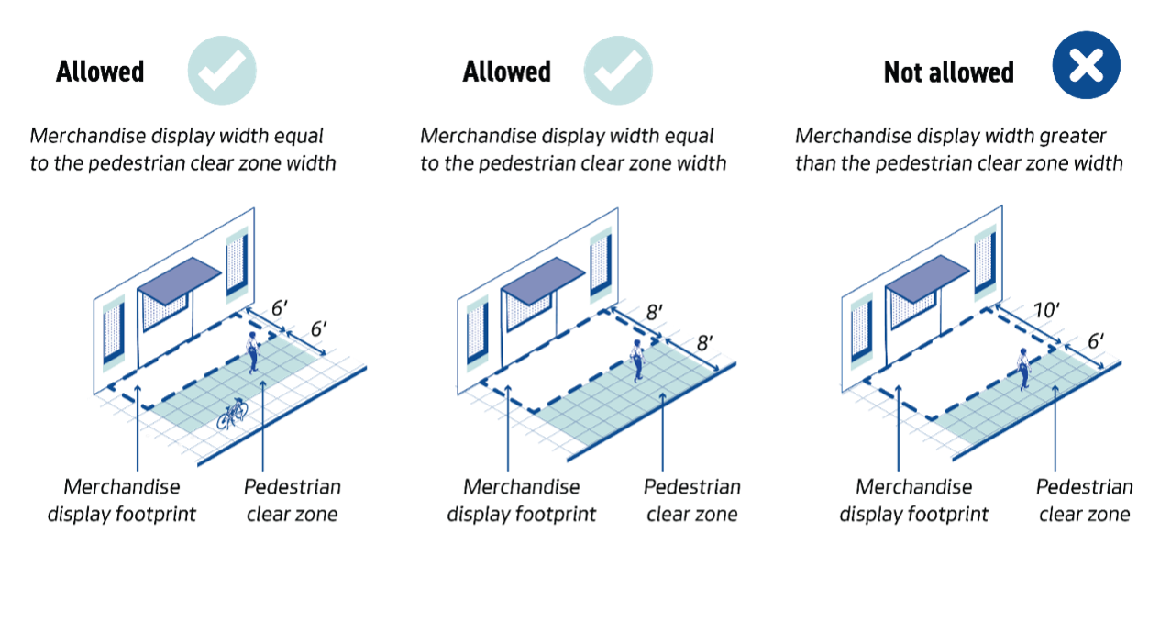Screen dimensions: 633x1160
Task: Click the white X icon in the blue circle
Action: [x=1086, y=65]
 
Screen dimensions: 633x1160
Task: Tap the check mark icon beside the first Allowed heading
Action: [x=222, y=71]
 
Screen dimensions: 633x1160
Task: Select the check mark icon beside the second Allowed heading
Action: [x=618, y=71]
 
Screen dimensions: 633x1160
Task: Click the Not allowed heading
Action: [x=948, y=72]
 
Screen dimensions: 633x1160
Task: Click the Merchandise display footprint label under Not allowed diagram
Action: [x=913, y=500]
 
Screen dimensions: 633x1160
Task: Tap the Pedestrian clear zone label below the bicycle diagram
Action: [x=293, y=500]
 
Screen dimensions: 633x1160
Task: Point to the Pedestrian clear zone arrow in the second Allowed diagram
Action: [x=662, y=431]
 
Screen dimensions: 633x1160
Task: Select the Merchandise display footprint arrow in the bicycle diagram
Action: [x=138, y=431]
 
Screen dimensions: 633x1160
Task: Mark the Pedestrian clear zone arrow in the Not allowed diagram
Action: [x=1055, y=431]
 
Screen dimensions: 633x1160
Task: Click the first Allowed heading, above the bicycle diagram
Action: [x=101, y=72]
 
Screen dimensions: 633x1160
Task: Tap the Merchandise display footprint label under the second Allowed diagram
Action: [x=521, y=500]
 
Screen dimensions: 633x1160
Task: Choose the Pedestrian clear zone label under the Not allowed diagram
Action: [x=1085, y=500]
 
